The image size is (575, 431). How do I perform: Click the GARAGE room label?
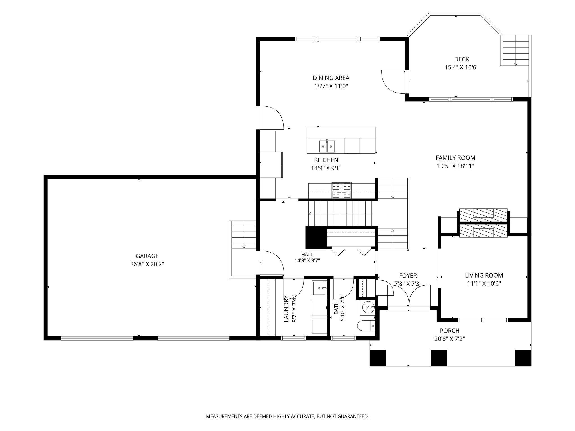tap(147, 256)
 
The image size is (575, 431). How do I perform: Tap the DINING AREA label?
tap(331, 78)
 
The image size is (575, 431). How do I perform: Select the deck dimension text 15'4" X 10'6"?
tap(461, 67)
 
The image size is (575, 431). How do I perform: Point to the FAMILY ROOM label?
tap(455, 158)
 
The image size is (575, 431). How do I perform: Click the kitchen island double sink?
tap(327, 146)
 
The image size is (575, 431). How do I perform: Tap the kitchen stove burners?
tap(341, 190)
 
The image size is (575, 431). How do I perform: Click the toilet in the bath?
tap(366, 326)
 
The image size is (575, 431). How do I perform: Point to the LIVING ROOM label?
tap(484, 275)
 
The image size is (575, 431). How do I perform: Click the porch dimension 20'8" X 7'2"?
tap(449, 339)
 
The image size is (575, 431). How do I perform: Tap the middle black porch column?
tap(439, 358)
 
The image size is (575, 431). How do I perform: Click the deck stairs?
tap(515, 51)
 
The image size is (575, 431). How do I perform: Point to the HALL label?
tap(307, 255)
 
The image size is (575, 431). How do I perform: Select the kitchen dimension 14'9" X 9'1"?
tap(326, 168)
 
